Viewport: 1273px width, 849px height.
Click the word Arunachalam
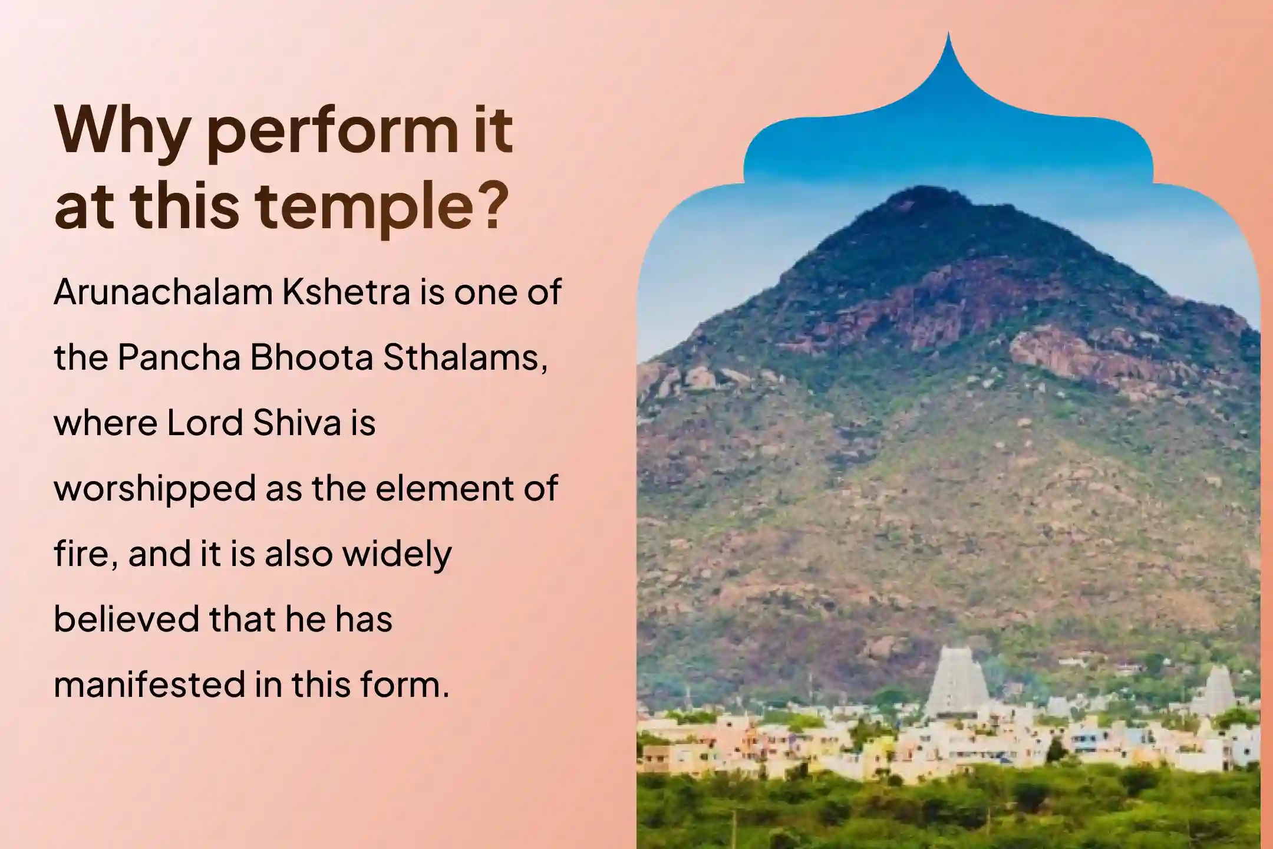163,292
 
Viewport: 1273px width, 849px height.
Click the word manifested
149,685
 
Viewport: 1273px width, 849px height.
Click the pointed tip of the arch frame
948,33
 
